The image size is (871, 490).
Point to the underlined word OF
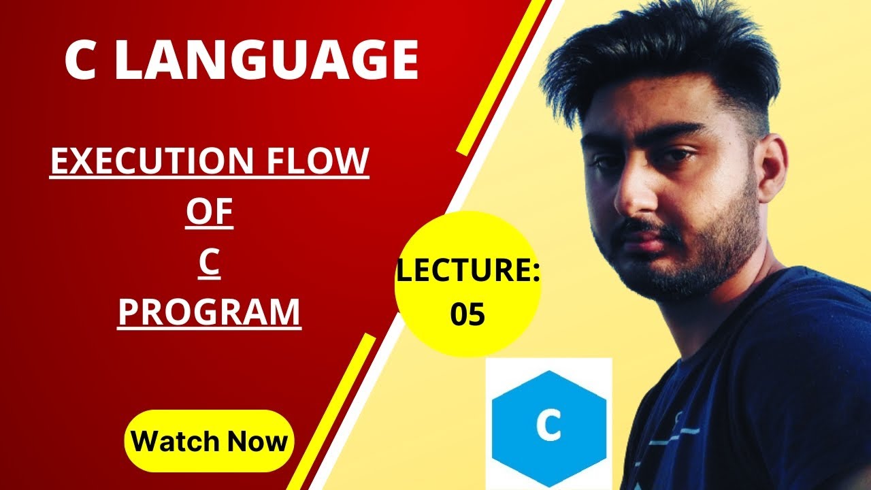tap(210, 213)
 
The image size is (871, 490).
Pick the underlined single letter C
tap(210, 263)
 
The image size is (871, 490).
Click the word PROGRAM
tap(210, 312)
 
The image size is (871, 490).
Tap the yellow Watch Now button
tap(209, 441)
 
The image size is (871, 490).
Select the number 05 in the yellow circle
tap(467, 315)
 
